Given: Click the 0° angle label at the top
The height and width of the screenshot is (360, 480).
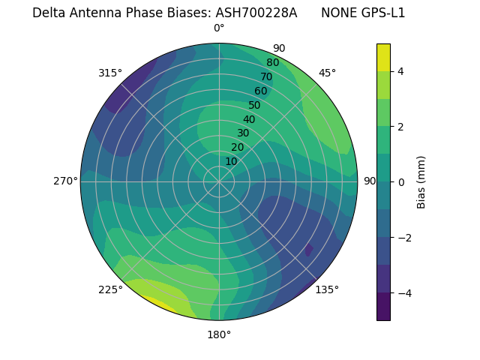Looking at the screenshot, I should pos(219,28).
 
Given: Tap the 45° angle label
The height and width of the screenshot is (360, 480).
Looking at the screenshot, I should pos(327,73).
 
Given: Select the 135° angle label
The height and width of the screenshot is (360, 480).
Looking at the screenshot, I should pos(326,289).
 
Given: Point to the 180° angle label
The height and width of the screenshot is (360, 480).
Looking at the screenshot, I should pos(219,334).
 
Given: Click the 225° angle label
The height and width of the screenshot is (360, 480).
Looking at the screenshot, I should pos(110,290).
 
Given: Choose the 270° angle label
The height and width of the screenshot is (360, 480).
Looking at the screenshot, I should pos(66,181).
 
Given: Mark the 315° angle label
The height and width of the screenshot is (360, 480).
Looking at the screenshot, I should pos(110,73).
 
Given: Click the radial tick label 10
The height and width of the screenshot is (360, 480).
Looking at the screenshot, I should pos(231,161).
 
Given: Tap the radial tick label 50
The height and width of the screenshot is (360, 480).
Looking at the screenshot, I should pos(254,106).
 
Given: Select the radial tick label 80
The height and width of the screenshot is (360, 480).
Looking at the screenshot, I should pos(272,63).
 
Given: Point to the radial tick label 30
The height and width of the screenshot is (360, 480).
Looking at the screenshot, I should pos(243,133).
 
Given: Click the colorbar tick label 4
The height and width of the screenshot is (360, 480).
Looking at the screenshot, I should pos(400,72).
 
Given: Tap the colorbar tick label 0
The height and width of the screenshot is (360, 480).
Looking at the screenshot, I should pos(400,182).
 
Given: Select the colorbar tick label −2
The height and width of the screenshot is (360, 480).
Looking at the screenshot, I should pos(403,238).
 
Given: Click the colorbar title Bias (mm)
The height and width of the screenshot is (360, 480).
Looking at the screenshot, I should pos(421,182).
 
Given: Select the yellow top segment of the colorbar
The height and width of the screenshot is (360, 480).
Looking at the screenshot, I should pos(383,57).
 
